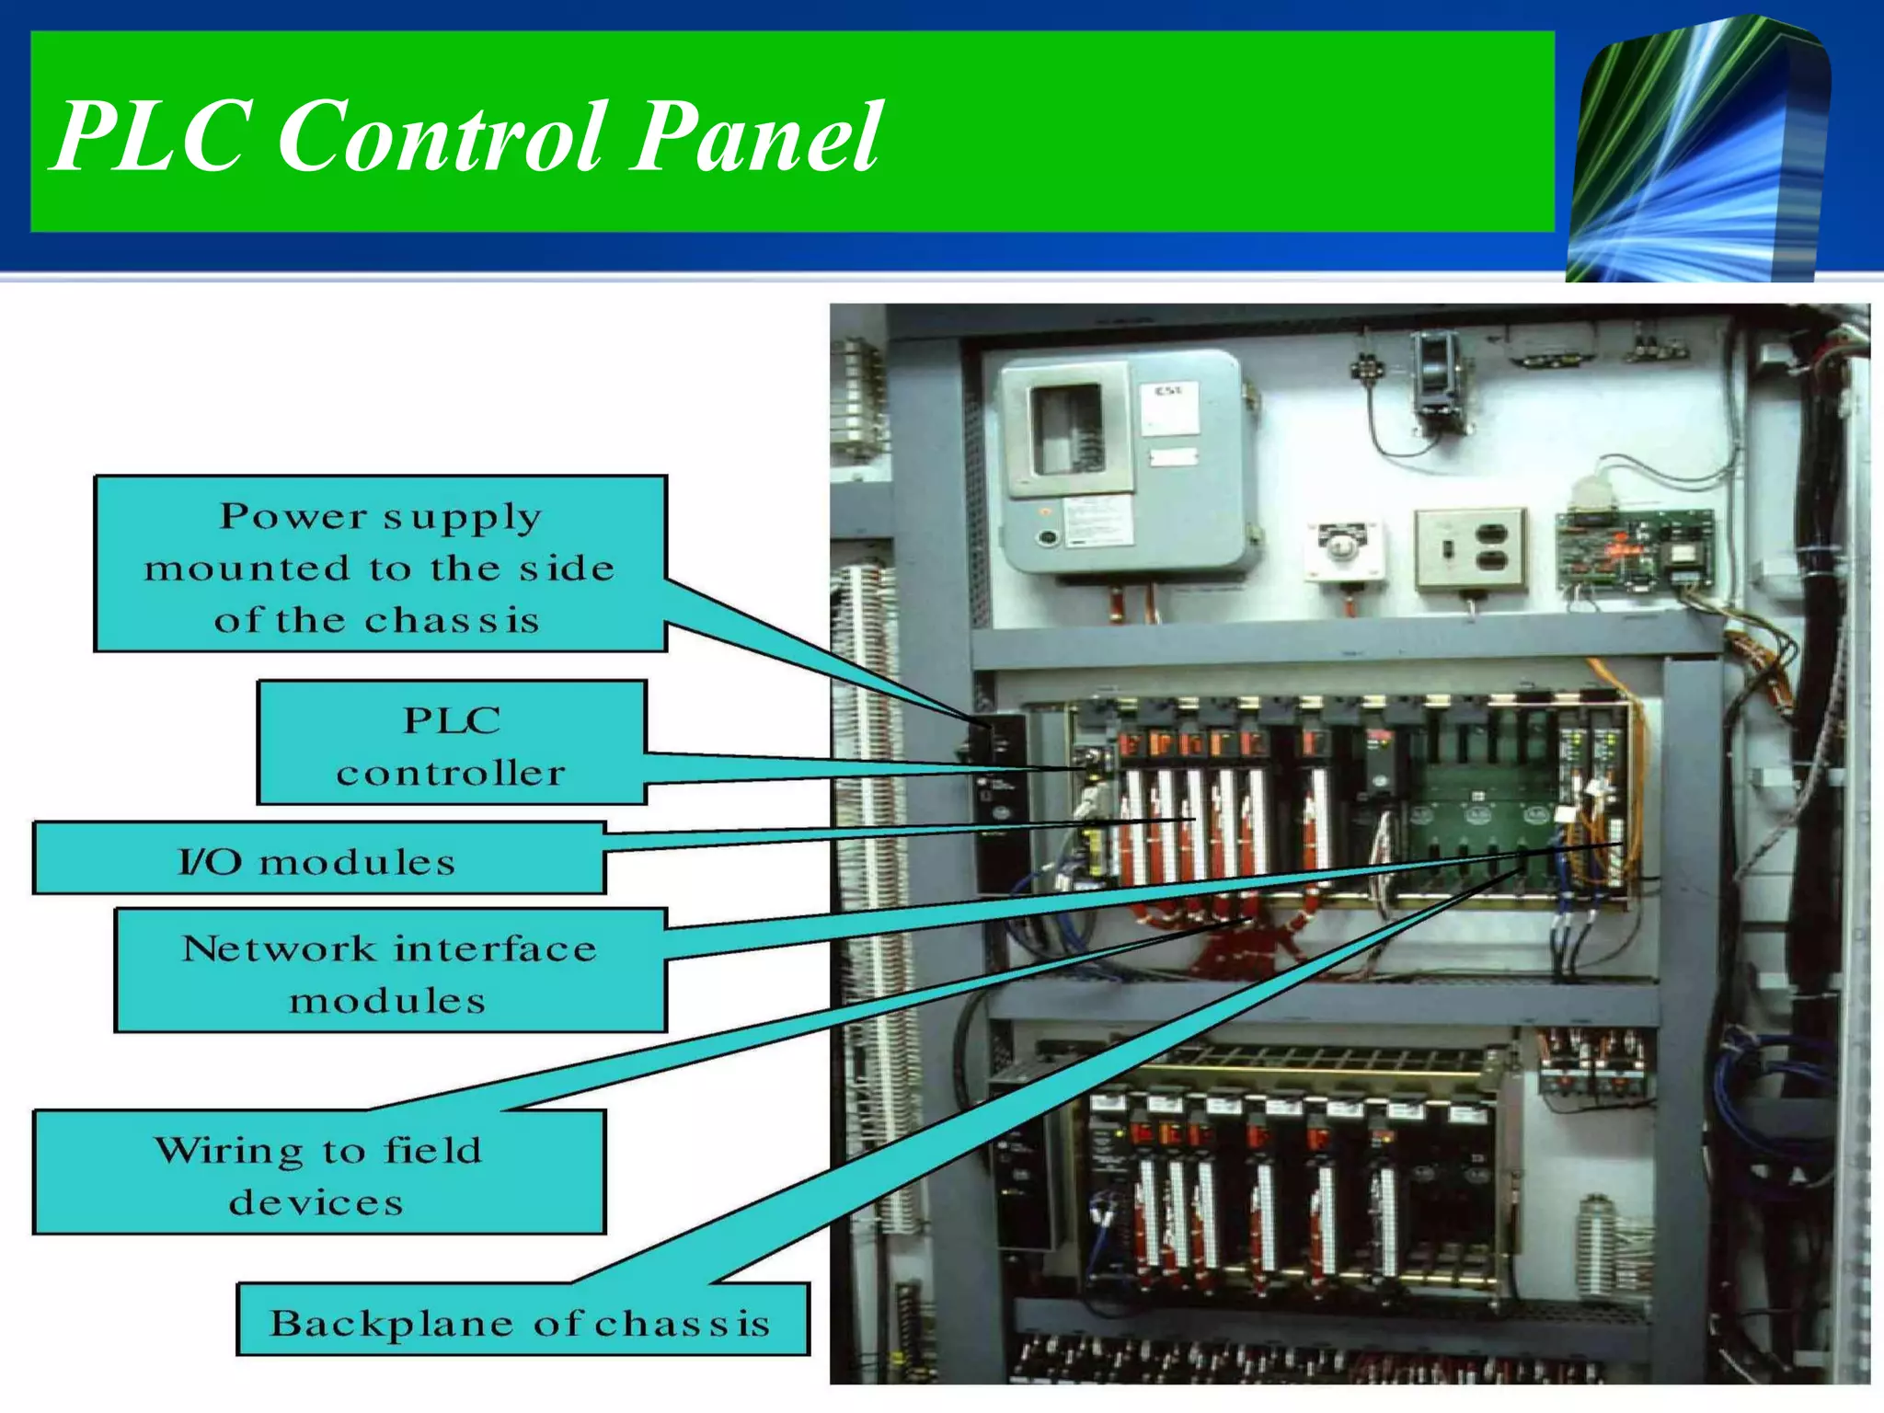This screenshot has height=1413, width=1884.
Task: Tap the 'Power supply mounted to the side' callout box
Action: click(380, 565)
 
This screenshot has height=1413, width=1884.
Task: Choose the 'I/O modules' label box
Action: click(318, 859)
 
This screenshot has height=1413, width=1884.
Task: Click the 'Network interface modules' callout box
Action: click(390, 971)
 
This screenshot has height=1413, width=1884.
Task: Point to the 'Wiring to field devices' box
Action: click(318, 1174)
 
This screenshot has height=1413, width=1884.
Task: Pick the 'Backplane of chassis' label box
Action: click(523, 1320)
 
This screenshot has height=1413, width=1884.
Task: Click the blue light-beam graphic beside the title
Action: click(1697, 152)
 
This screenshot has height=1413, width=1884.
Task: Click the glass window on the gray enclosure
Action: click(1067, 429)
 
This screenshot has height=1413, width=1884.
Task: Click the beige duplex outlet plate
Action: click(1470, 548)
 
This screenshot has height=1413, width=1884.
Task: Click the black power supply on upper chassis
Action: click(1001, 800)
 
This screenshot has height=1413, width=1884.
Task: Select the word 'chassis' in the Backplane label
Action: click(682, 1323)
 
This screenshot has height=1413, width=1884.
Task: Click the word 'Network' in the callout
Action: click(280, 948)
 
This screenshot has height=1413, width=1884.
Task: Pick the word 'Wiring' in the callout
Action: click(229, 1150)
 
